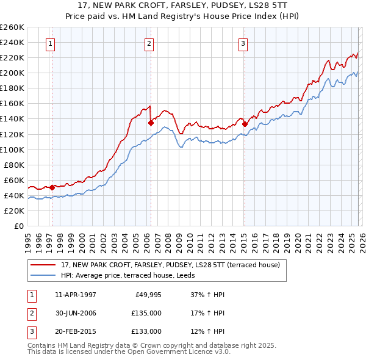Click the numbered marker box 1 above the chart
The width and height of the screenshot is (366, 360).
click(x=49, y=43)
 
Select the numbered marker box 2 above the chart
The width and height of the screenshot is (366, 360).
click(x=149, y=43)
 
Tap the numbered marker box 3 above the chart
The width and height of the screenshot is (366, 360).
click(x=243, y=43)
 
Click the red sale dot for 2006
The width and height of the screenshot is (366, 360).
click(x=151, y=123)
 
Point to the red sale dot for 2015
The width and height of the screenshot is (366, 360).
click(x=245, y=124)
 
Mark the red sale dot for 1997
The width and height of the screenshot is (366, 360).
click(x=52, y=187)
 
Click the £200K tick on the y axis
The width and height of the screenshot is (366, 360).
click(x=12, y=73)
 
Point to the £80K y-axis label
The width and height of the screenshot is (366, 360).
click(x=14, y=165)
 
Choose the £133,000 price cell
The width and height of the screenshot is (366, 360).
click(x=146, y=331)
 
